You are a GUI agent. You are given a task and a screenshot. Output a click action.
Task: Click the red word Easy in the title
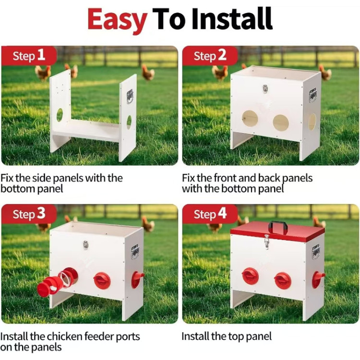(x=117, y=20)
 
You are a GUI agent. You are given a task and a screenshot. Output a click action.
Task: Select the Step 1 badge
(x=29, y=56)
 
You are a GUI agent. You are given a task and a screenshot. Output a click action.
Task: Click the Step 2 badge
(x=210, y=56)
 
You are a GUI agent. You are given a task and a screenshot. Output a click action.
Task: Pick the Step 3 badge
(x=29, y=214)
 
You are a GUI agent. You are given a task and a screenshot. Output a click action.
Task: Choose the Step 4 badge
(x=210, y=214)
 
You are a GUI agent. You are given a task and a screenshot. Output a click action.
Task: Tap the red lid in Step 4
(x=278, y=231)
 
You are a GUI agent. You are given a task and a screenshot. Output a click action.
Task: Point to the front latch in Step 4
(x=266, y=241)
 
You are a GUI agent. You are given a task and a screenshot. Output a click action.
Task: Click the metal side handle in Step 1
(x=130, y=96)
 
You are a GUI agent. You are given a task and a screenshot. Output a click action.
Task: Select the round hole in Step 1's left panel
(x=60, y=115)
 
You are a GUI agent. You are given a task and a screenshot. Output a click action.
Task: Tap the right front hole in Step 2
(x=281, y=122)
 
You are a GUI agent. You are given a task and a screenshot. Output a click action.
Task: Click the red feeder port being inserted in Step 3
(x=58, y=281)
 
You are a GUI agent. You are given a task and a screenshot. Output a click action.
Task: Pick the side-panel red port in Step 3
(x=137, y=279)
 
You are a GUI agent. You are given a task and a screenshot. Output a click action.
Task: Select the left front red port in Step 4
(x=250, y=276)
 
